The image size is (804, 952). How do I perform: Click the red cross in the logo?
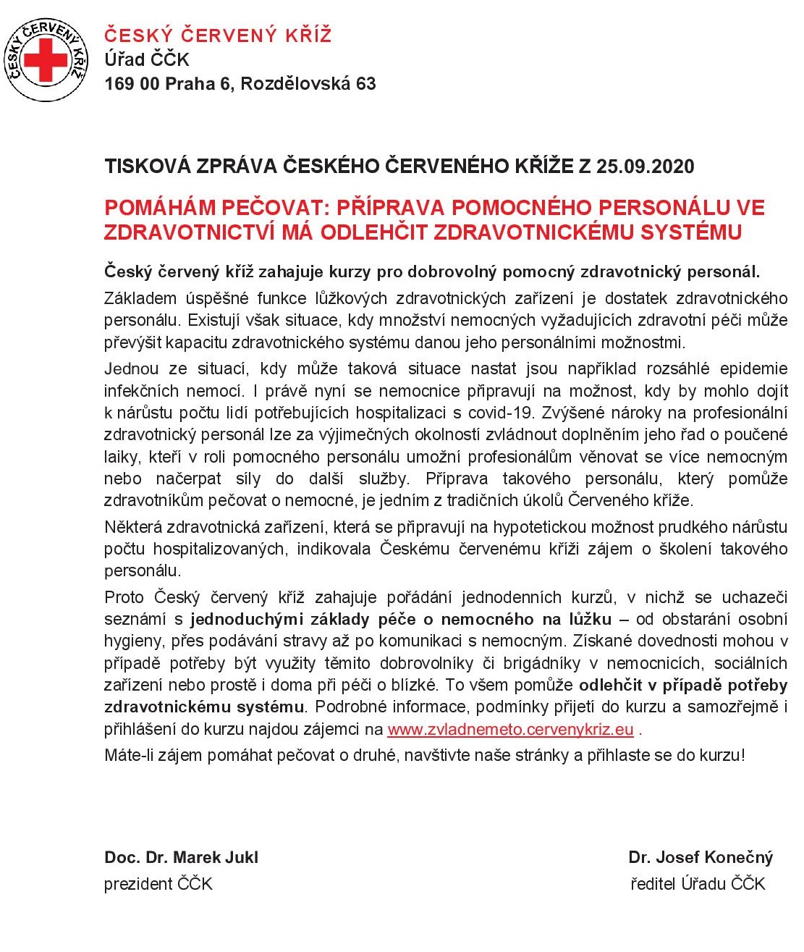(x=45, y=60)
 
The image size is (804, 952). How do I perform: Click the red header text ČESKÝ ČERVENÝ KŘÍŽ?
(x=218, y=35)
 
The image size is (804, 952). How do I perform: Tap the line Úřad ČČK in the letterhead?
(x=146, y=59)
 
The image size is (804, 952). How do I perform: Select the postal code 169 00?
(x=132, y=83)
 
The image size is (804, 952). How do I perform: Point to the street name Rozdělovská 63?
(x=308, y=83)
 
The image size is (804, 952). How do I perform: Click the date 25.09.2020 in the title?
(x=645, y=167)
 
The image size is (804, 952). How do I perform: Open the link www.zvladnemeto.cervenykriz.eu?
(x=510, y=729)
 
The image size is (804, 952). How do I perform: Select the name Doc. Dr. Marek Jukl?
(x=181, y=858)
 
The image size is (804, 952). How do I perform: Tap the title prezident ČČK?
(x=158, y=884)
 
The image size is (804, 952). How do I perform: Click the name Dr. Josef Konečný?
(x=701, y=858)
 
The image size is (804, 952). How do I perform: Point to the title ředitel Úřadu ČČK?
(x=698, y=884)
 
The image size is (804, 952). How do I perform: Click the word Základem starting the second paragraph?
(x=140, y=298)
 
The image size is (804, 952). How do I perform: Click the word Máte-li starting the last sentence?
(x=127, y=755)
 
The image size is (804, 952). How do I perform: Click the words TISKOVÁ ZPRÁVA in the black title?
(x=191, y=167)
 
